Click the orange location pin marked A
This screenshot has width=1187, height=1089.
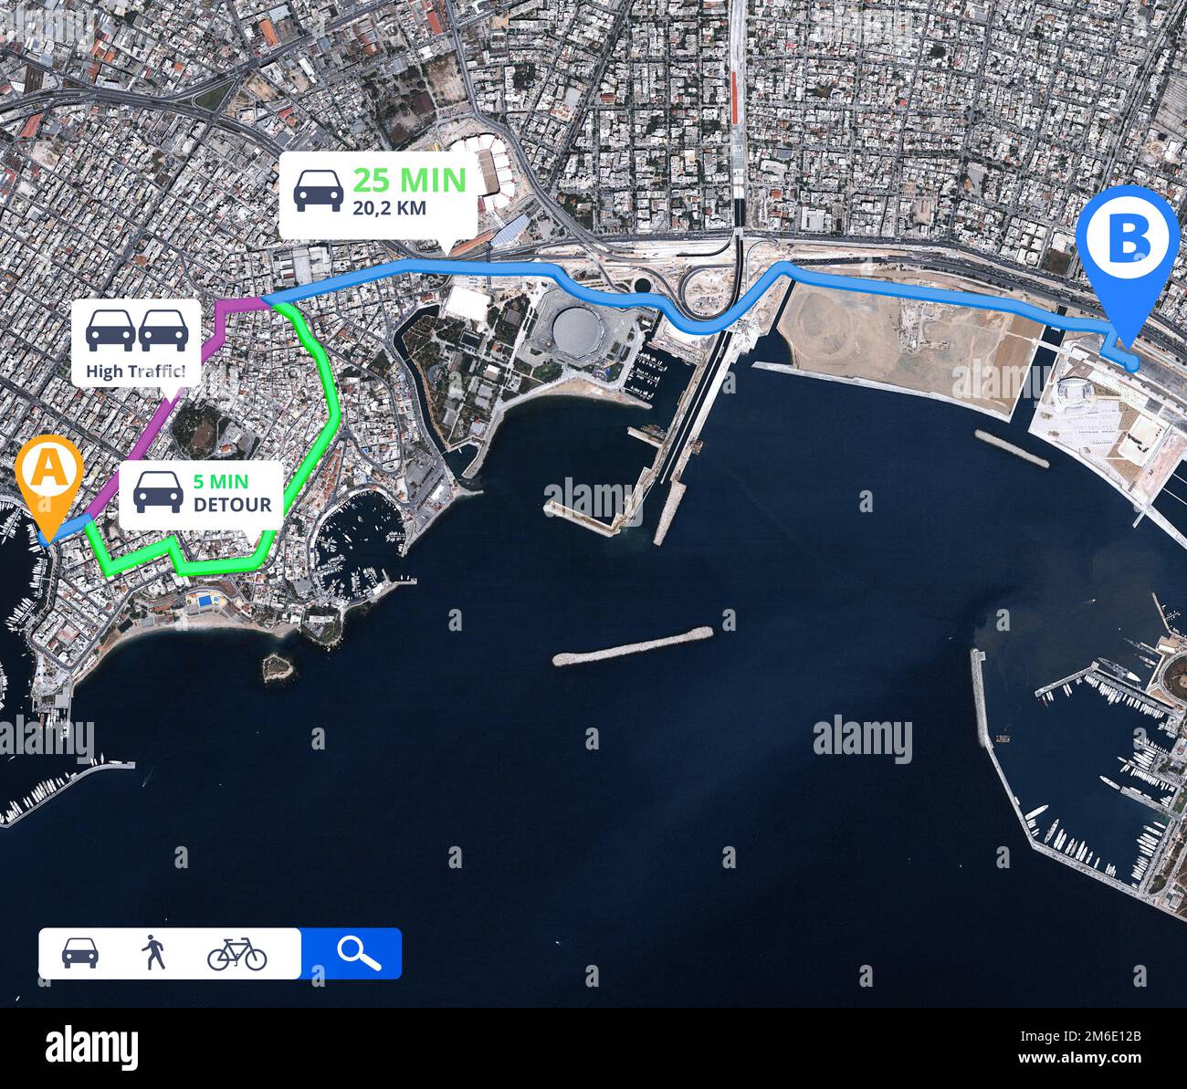(49, 475)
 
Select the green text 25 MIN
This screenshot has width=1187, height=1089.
(409, 180)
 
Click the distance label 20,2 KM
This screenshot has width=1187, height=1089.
(389, 208)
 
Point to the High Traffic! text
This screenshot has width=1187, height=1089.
(135, 371)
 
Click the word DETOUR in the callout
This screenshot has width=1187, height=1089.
(232, 505)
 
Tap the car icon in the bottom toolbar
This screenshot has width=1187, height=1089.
(80, 953)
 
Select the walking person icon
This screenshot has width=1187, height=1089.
(153, 953)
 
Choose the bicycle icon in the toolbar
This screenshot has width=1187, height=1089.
(236, 953)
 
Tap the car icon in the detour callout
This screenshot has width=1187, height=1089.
(158, 492)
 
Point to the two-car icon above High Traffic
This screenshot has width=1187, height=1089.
(137, 330)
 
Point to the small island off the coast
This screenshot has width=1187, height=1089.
(277, 667)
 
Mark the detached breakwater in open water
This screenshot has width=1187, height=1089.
(633, 645)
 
